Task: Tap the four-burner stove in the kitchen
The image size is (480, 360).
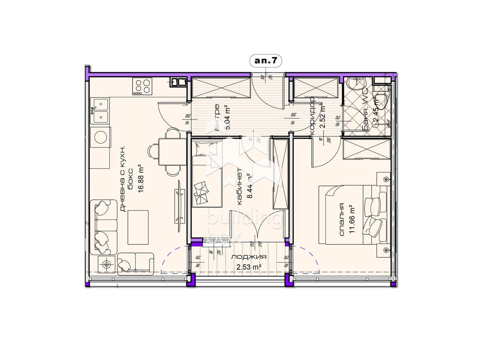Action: [x=141, y=86]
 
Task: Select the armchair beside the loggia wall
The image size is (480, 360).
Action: [x=135, y=263]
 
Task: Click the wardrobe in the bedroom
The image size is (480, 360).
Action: [x=366, y=149]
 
